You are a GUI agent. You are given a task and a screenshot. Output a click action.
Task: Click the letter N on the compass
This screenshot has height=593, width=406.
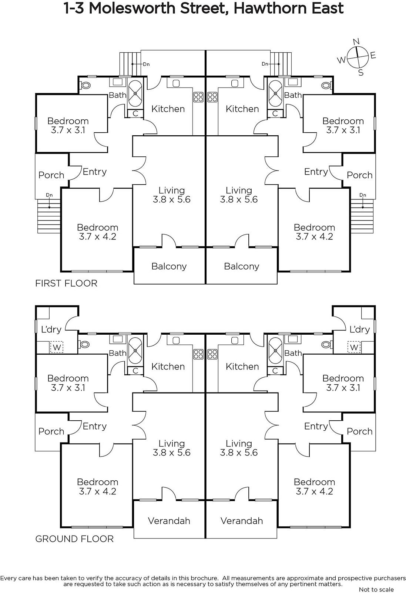[x=356, y=41]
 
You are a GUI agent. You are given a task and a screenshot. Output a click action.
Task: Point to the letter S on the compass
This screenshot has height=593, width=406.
[x=361, y=73]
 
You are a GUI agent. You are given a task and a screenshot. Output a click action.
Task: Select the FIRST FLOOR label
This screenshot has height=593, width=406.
[x=66, y=284]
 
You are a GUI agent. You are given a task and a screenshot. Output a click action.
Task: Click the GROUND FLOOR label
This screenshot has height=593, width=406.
[x=74, y=539]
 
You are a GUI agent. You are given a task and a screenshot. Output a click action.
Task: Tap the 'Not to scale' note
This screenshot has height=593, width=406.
[x=376, y=589]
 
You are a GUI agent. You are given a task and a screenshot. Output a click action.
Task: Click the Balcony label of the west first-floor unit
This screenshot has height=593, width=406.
[x=169, y=266]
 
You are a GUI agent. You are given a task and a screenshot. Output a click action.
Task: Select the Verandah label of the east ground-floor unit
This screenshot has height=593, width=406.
[x=241, y=521]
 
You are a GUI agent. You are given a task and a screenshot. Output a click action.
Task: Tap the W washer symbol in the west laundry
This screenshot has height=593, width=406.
[x=57, y=347]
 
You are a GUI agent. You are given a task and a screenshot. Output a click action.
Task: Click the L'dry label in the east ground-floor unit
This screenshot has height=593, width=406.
[x=359, y=329]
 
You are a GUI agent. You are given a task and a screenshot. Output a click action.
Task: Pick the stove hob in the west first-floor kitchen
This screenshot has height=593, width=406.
[x=198, y=97]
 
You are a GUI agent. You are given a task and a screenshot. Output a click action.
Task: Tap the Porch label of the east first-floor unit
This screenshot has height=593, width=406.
[x=359, y=175]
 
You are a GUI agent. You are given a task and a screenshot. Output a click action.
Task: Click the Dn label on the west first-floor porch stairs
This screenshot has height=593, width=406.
[x=49, y=195]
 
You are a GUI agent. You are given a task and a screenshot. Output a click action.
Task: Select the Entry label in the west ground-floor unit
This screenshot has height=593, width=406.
[x=94, y=426]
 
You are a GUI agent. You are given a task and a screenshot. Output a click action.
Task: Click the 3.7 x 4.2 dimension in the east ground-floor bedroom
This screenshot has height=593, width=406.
[x=314, y=491]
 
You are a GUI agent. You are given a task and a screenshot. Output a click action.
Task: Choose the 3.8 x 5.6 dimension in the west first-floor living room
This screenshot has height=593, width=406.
[x=171, y=199]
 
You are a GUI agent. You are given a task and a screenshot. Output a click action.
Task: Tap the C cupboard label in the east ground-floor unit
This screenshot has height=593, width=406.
[x=275, y=371]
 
